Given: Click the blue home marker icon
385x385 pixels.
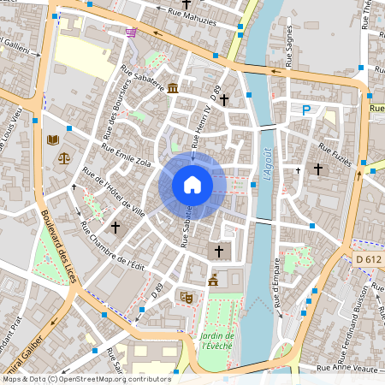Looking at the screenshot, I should (192, 184).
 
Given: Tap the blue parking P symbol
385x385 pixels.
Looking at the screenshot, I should (305, 109).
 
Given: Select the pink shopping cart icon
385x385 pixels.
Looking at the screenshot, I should (130, 33).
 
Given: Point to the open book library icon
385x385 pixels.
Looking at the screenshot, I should (53, 139).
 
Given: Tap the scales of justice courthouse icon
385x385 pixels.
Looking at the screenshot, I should (63, 157).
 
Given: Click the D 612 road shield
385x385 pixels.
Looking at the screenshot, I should (369, 259).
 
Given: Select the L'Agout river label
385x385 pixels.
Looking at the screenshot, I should (266, 163).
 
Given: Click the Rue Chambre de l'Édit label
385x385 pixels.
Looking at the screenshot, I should (110, 246).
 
